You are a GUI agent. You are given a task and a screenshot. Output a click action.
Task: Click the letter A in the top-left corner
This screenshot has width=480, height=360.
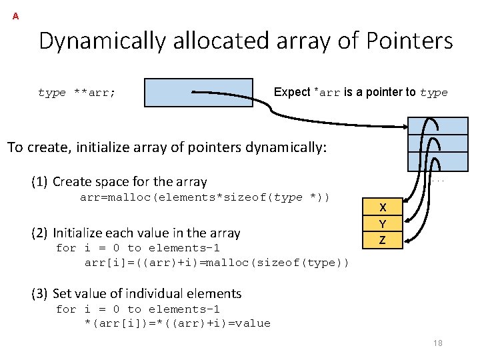pos(15,16)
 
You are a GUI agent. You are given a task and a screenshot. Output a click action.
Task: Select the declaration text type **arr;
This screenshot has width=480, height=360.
pos(77,93)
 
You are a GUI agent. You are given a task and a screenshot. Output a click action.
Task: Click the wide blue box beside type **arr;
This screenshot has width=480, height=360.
pos(198,93)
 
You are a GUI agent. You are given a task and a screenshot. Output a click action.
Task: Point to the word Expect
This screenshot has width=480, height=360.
pos(292,93)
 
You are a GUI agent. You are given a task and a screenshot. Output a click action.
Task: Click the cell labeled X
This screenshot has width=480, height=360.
pos(382,207)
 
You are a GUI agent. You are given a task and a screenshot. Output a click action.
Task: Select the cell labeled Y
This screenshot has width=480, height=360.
pos(382,223)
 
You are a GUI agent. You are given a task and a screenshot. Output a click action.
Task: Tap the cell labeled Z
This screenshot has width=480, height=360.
pos(382,239)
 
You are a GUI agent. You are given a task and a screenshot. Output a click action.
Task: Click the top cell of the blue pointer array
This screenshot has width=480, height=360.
pos(437,126)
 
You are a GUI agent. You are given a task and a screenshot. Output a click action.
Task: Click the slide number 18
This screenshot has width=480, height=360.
pos(437,343)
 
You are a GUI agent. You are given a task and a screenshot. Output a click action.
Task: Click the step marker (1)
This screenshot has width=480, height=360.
pos(39,182)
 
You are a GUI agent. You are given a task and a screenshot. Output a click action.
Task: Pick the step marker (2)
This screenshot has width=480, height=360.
pos(39,233)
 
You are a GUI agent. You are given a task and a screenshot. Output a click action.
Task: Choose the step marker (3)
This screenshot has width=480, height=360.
pos(39,293)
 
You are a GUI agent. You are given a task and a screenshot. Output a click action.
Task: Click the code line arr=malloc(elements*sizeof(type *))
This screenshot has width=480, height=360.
pos(205,197)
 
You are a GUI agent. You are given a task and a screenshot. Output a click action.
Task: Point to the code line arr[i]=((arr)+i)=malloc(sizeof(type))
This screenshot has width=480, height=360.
pos(217,263)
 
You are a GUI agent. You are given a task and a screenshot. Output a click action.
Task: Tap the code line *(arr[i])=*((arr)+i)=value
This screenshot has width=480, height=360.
pos(177,323)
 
